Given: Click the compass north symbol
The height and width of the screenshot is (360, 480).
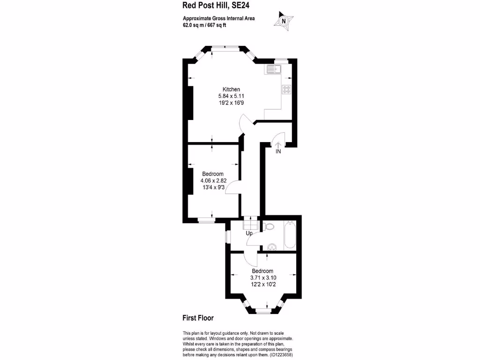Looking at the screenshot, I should coord(283,21).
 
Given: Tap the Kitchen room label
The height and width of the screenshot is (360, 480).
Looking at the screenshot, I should coord(231,89).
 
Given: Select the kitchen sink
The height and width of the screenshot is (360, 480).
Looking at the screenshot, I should coord(272,70).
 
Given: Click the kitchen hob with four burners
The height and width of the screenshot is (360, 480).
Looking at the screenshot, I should coord(286,90).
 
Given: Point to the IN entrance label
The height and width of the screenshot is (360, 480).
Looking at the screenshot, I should coord(278,151).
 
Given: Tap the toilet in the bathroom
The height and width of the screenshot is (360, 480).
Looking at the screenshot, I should coord(268,227).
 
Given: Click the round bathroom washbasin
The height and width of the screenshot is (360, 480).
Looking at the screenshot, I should coord(270,247).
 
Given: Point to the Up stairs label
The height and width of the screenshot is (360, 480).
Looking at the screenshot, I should coord(249,233).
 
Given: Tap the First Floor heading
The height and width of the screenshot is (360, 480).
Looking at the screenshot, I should coord(198,318).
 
